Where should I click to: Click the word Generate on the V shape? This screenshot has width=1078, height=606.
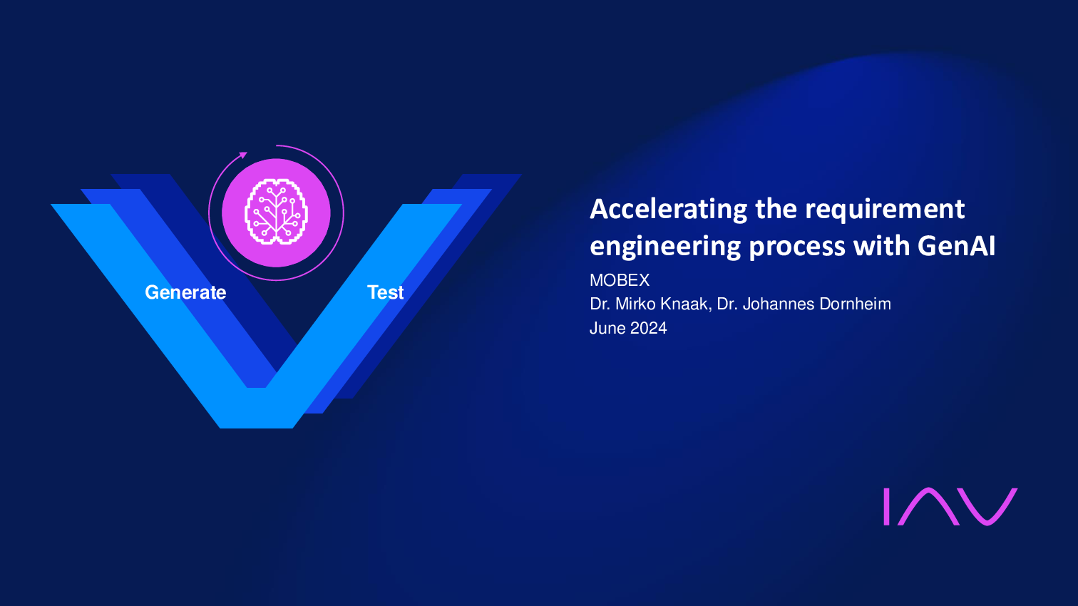(x=185, y=292)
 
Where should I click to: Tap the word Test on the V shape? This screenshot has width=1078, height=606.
(x=385, y=292)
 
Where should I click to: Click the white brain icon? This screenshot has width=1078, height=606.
(x=276, y=212)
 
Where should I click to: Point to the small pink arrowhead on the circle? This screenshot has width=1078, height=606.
(x=244, y=155)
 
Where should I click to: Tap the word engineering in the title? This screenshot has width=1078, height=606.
(x=666, y=247)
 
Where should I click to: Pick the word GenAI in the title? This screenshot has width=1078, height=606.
(x=956, y=245)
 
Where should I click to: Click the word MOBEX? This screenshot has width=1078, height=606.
(x=620, y=280)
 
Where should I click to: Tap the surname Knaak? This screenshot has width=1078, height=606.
(x=687, y=304)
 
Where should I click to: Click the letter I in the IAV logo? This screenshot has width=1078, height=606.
(x=886, y=506)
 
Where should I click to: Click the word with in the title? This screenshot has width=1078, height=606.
(x=881, y=245)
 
